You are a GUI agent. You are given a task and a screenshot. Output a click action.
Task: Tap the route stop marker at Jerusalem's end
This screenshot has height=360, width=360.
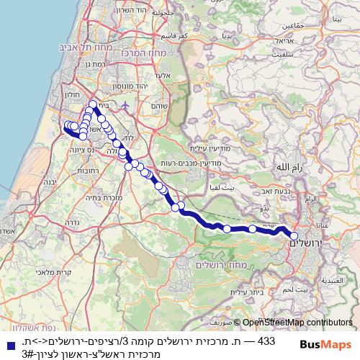(x=294, y=235)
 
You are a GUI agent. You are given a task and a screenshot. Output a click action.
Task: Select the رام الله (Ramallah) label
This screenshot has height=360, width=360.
(x=288, y=166)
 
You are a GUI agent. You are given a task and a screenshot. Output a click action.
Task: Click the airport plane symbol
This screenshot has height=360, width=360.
(x=127, y=105)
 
